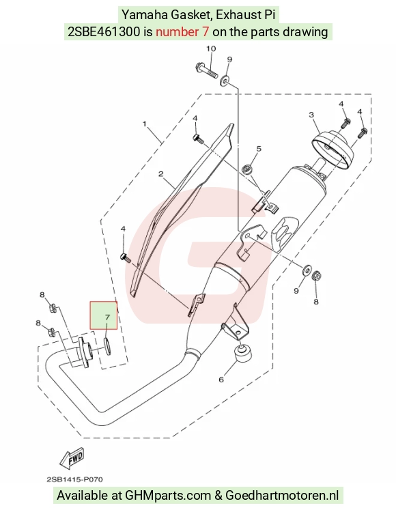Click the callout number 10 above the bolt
click(x=211, y=48)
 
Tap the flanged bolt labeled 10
click(x=207, y=70)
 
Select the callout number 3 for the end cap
click(x=311, y=115)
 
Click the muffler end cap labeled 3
click(x=332, y=149)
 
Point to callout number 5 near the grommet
click(x=259, y=149)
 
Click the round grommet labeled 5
click(x=247, y=169)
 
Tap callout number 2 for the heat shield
click(x=160, y=173)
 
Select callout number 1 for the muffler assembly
click(x=145, y=124)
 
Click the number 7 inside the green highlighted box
click(x=107, y=317)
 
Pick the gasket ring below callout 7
click(x=107, y=345)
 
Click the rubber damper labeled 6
click(x=243, y=354)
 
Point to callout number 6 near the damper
click(x=221, y=380)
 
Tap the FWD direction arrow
click(x=72, y=459)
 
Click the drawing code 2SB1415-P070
click(x=75, y=480)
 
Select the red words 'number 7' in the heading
click(x=182, y=32)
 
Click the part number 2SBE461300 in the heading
click(x=104, y=32)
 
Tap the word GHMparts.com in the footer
click(x=168, y=496)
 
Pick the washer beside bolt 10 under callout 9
click(x=224, y=81)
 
